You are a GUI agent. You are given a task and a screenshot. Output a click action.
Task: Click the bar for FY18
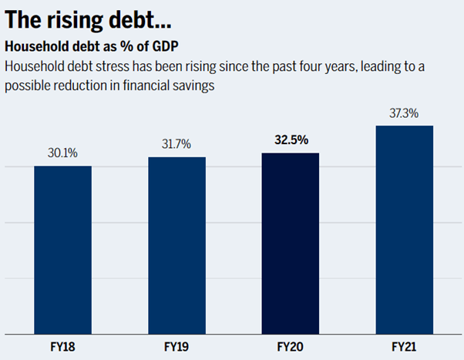pyautogui.click(x=63, y=250)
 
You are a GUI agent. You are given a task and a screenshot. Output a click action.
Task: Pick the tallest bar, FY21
pyautogui.click(x=404, y=229)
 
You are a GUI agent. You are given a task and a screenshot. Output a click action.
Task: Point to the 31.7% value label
pyautogui.click(x=177, y=144)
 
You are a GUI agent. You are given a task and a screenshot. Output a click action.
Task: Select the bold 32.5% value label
pyautogui.click(x=291, y=140)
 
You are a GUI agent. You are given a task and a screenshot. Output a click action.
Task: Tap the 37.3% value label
pyautogui.click(x=404, y=113)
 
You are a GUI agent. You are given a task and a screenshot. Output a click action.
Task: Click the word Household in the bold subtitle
pyautogui.click(x=35, y=45)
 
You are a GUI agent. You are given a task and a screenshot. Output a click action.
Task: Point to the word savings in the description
pyautogui.click(x=192, y=86)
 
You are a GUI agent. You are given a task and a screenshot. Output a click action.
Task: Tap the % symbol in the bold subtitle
pyautogui.click(x=139, y=45)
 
